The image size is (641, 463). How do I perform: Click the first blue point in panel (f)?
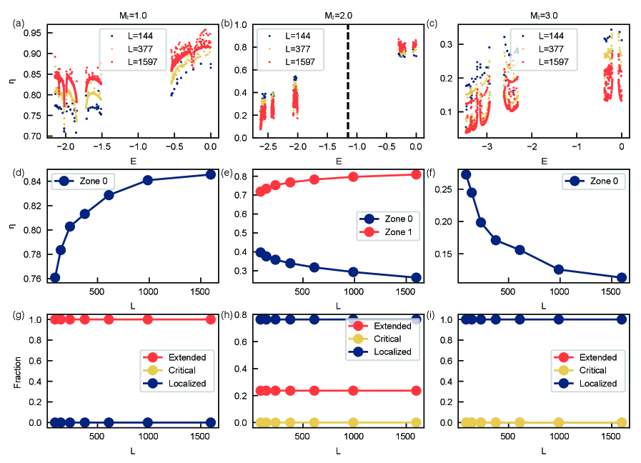466,174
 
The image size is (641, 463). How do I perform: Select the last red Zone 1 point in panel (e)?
417,174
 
